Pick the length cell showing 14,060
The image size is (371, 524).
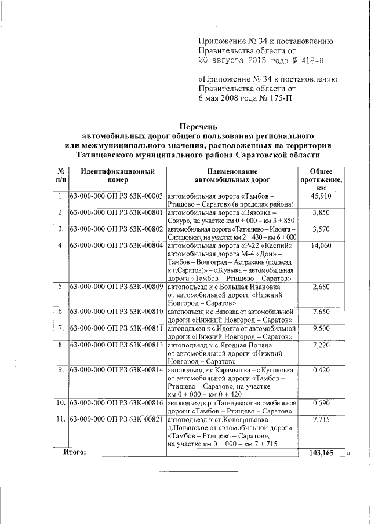[x=321, y=245]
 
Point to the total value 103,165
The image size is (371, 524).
[x=321, y=453]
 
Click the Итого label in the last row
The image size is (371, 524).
[x=74, y=452]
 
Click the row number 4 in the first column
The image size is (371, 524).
[x=60, y=245]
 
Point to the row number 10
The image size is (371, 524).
[x=60, y=402]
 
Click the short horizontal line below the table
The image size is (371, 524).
[x=199, y=471]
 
